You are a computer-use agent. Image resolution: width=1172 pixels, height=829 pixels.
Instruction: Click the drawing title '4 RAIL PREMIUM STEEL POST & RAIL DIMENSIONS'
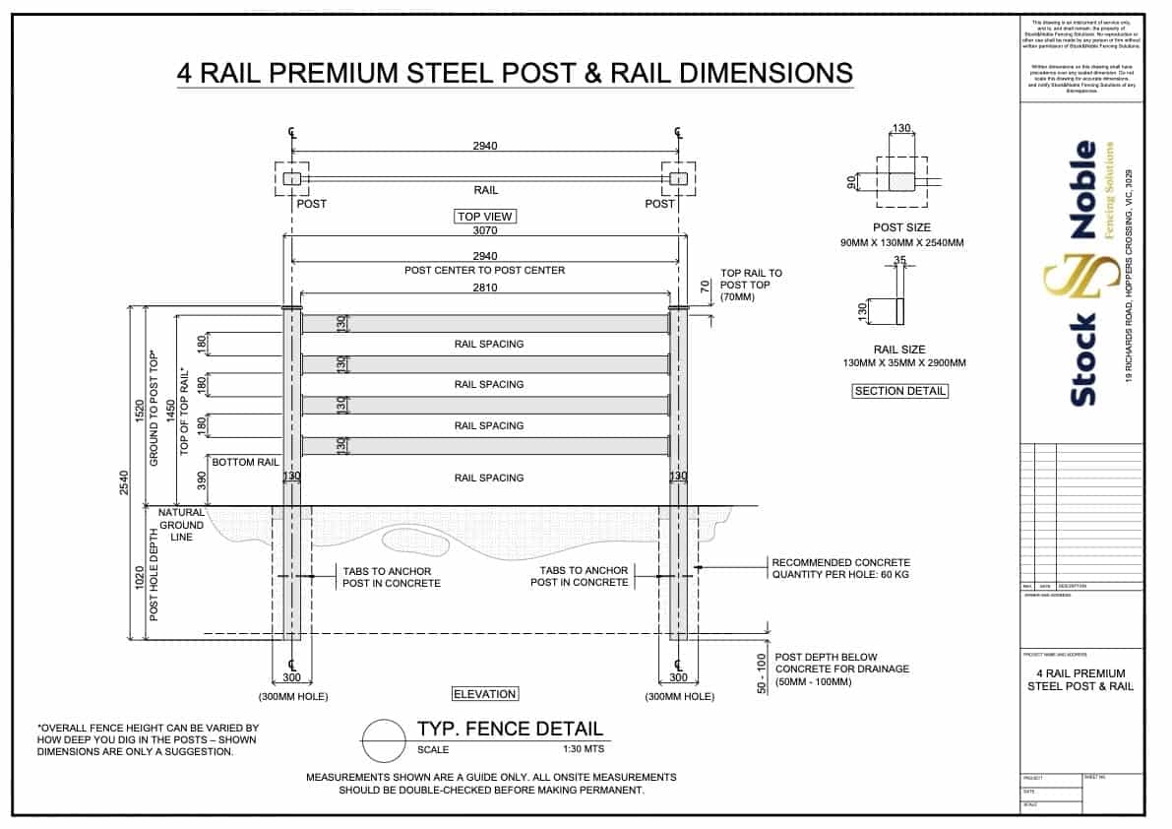[515, 74]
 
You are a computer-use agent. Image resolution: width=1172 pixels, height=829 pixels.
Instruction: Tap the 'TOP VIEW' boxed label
[485, 217]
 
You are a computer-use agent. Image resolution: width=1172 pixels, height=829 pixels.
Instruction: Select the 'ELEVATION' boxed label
[484, 694]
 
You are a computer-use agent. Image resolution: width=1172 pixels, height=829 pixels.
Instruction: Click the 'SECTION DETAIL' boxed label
[899, 391]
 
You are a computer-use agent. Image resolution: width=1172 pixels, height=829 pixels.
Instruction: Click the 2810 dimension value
[485, 287]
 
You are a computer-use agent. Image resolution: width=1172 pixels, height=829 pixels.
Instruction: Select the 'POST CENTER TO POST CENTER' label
[485, 270]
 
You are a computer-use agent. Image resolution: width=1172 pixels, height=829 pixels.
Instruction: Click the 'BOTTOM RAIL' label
[245, 461]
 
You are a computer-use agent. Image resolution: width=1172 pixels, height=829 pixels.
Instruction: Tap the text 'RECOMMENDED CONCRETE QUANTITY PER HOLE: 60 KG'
[840, 569]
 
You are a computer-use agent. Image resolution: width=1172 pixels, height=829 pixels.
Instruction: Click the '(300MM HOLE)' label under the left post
[292, 697]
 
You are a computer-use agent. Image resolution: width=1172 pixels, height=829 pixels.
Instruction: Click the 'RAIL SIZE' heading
[899, 350]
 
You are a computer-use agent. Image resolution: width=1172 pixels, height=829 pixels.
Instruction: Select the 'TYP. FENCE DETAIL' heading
[510, 730]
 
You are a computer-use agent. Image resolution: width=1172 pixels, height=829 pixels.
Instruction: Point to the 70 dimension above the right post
[704, 287]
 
